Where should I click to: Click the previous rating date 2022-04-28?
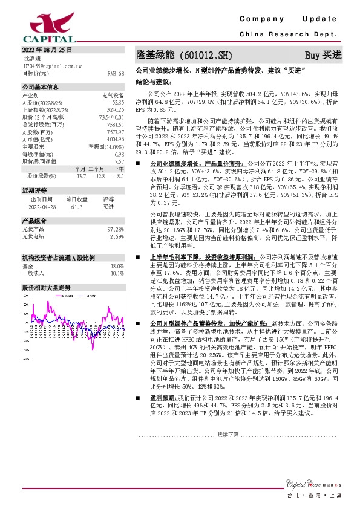point(43,206)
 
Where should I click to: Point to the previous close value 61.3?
point(76,206)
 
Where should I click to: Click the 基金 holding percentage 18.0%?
point(117,266)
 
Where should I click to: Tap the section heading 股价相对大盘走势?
point(46,287)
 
